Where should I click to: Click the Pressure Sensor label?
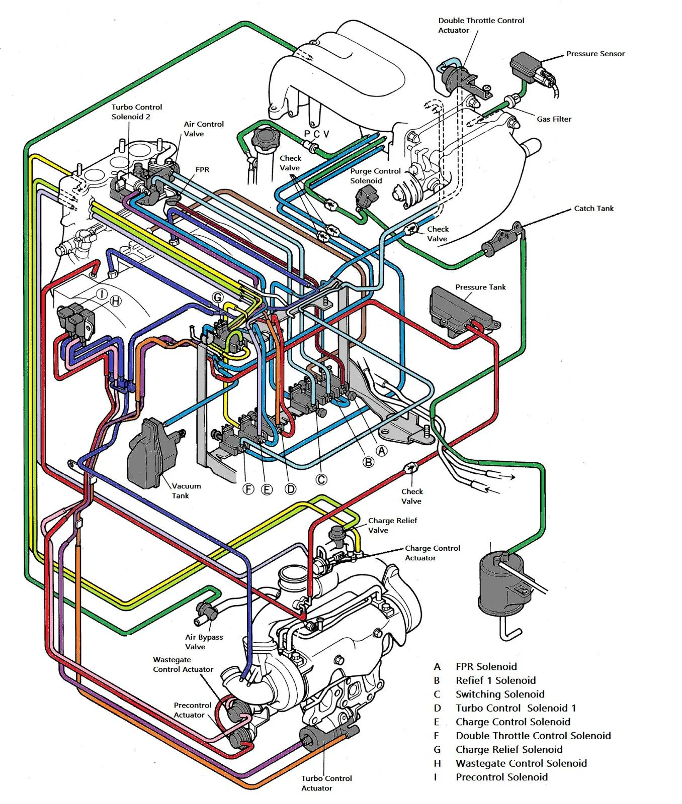(x=595, y=54)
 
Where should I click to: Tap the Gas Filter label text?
(x=554, y=119)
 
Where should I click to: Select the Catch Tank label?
(x=593, y=209)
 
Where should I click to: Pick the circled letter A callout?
(x=382, y=451)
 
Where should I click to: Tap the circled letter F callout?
(x=248, y=489)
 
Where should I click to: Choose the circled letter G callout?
(x=217, y=297)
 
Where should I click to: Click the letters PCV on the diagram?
(x=317, y=134)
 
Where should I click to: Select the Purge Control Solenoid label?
(x=376, y=176)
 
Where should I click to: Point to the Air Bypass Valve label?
(x=204, y=642)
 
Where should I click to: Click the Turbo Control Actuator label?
(x=326, y=783)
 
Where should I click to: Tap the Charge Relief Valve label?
(x=392, y=525)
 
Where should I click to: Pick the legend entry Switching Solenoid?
(x=500, y=694)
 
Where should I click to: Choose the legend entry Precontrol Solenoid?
(x=501, y=777)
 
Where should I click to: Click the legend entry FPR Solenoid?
(x=486, y=666)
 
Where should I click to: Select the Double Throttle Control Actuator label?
(x=481, y=25)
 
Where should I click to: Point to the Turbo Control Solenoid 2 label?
(x=137, y=112)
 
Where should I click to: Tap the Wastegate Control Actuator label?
(x=183, y=664)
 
